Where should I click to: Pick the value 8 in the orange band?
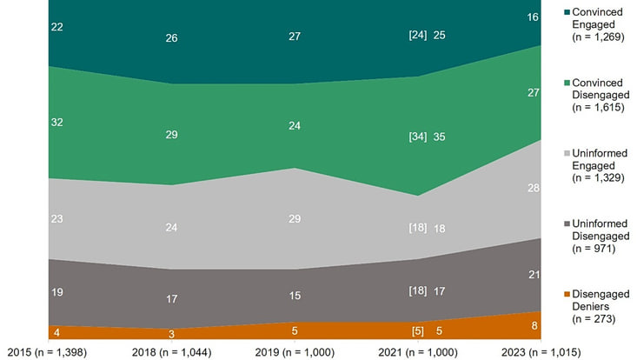point(534,326)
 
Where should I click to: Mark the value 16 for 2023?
point(534,18)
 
